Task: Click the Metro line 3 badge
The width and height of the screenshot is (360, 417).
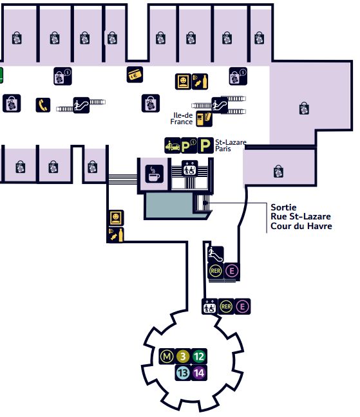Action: (183, 357)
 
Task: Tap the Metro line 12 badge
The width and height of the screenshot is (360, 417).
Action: (199, 357)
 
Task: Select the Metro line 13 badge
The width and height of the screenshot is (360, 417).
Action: (183, 373)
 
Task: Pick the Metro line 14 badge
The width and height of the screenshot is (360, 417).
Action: (199, 373)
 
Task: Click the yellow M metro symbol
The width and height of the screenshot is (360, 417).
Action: (167, 357)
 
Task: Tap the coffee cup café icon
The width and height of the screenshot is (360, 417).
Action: (155, 174)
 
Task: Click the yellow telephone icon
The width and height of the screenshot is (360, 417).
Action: (43, 105)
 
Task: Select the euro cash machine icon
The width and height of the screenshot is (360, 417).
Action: (135, 75)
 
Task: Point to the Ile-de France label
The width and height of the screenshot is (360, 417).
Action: (182, 118)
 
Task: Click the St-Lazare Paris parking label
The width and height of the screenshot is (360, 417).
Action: (231, 145)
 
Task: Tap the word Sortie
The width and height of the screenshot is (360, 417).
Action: (283, 207)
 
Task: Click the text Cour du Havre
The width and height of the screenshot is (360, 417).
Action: (301, 226)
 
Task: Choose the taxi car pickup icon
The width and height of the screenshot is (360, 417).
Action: (173, 145)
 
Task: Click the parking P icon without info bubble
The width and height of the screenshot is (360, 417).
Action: (205, 145)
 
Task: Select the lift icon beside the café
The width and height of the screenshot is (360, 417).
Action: (190, 169)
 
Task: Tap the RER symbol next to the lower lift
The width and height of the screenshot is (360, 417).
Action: (226, 306)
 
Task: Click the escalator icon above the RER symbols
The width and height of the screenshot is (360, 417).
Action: (216, 254)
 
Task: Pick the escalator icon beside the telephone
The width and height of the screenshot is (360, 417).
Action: (81, 106)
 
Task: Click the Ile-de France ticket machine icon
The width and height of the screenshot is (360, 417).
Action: (204, 119)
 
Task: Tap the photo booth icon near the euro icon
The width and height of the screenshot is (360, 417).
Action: (183, 81)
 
